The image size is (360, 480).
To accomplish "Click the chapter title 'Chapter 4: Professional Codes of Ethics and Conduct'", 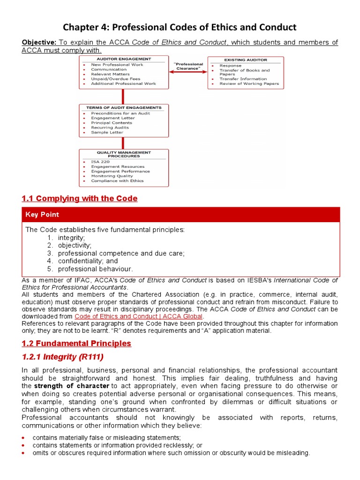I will coord(180,27).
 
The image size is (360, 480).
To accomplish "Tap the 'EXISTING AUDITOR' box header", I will coord(245,60).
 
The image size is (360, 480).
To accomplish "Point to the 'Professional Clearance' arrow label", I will coord(188,66).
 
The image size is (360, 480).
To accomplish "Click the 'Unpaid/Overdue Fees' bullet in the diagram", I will coord(116,79).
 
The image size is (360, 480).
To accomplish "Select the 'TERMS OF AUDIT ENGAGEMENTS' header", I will coord(124,108).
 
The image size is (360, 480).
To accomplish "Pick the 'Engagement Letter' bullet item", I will coord(113,118).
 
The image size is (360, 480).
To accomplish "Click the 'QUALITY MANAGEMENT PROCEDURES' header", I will coord(124,155).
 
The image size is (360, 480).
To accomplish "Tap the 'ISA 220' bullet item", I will coord(100,162).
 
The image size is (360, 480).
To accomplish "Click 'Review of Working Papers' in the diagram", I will coord(249,84).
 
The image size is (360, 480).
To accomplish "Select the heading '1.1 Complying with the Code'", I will coord(80,198).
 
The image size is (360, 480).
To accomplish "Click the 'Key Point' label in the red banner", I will coord(42,214).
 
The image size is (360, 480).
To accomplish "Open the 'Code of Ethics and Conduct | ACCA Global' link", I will coord(138,316).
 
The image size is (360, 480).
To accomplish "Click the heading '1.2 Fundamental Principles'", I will coord(76,344).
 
